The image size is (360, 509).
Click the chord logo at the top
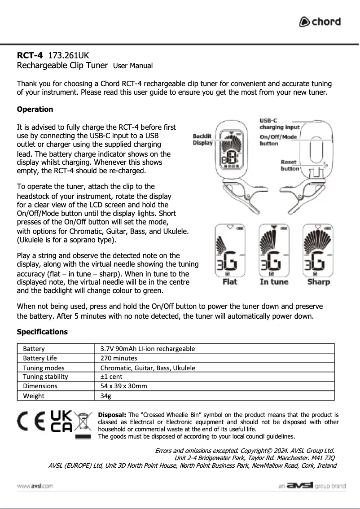click(320, 22)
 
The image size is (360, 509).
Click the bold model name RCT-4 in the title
click(30, 56)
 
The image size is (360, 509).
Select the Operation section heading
click(35, 109)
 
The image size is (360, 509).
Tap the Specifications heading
click(42, 332)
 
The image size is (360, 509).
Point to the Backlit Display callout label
click(202, 140)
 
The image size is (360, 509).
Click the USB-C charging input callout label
click(279, 124)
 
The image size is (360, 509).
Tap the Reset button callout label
click(290, 165)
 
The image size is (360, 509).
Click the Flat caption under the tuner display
click(230, 282)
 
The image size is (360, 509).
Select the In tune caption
click(274, 282)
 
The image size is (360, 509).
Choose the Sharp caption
click(318, 282)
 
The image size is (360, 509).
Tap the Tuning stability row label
click(45, 377)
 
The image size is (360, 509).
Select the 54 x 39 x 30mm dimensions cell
click(123, 386)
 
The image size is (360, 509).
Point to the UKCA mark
click(61, 422)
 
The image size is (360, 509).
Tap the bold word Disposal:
click(112, 415)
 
